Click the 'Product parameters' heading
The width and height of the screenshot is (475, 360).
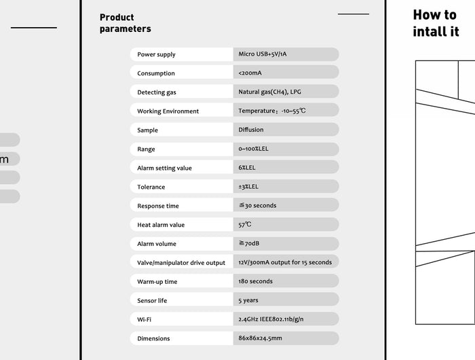(125, 23)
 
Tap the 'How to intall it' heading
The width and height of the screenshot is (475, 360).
(436, 23)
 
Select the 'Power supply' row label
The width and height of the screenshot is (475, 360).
(156, 54)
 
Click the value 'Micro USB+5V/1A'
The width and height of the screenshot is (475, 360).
(268, 54)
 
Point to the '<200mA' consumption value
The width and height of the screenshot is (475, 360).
(250, 73)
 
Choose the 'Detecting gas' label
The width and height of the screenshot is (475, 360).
(156, 92)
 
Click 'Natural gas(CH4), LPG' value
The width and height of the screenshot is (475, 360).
(270, 92)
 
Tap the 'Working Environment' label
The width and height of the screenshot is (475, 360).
(168, 111)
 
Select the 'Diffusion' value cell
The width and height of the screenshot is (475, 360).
(251, 130)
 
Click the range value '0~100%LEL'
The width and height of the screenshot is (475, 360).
(253, 149)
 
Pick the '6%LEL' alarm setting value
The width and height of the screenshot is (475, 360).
(247, 168)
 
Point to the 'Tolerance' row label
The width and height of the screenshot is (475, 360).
(151, 187)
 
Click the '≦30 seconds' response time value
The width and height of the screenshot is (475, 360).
(257, 205)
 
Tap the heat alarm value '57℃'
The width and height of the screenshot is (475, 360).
(245, 224)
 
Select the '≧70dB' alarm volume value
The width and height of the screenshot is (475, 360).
(248, 243)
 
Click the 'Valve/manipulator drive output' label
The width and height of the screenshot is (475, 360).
(181, 263)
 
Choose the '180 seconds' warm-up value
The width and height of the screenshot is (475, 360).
(255, 281)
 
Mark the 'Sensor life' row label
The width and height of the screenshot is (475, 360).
(151, 300)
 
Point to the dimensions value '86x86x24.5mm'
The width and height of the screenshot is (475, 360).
(260, 338)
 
